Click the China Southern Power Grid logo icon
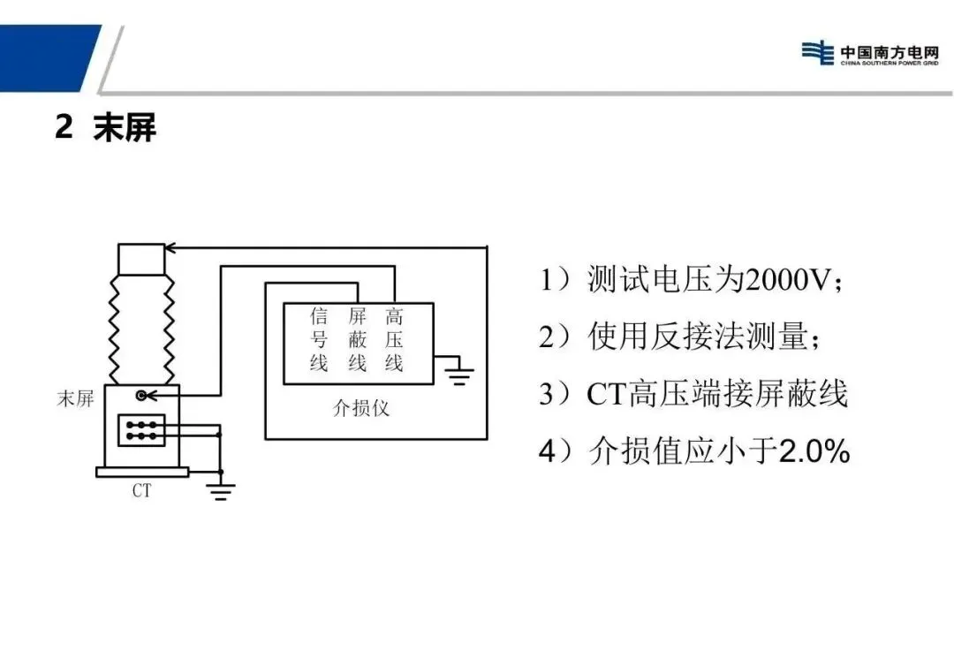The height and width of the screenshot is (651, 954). [818, 52]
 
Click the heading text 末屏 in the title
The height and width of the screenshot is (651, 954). [125, 128]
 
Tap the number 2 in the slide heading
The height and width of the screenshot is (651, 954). [64, 128]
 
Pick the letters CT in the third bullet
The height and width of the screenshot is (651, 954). [606, 394]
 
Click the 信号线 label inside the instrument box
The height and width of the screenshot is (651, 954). [319, 339]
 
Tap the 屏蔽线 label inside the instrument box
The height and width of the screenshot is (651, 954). [357, 339]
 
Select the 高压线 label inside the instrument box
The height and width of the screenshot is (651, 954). [394, 339]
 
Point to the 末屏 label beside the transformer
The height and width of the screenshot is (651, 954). [76, 399]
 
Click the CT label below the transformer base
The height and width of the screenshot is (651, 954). [141, 491]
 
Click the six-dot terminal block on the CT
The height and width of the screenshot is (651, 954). [140, 430]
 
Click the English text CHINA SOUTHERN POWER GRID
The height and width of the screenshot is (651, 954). [876, 64]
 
